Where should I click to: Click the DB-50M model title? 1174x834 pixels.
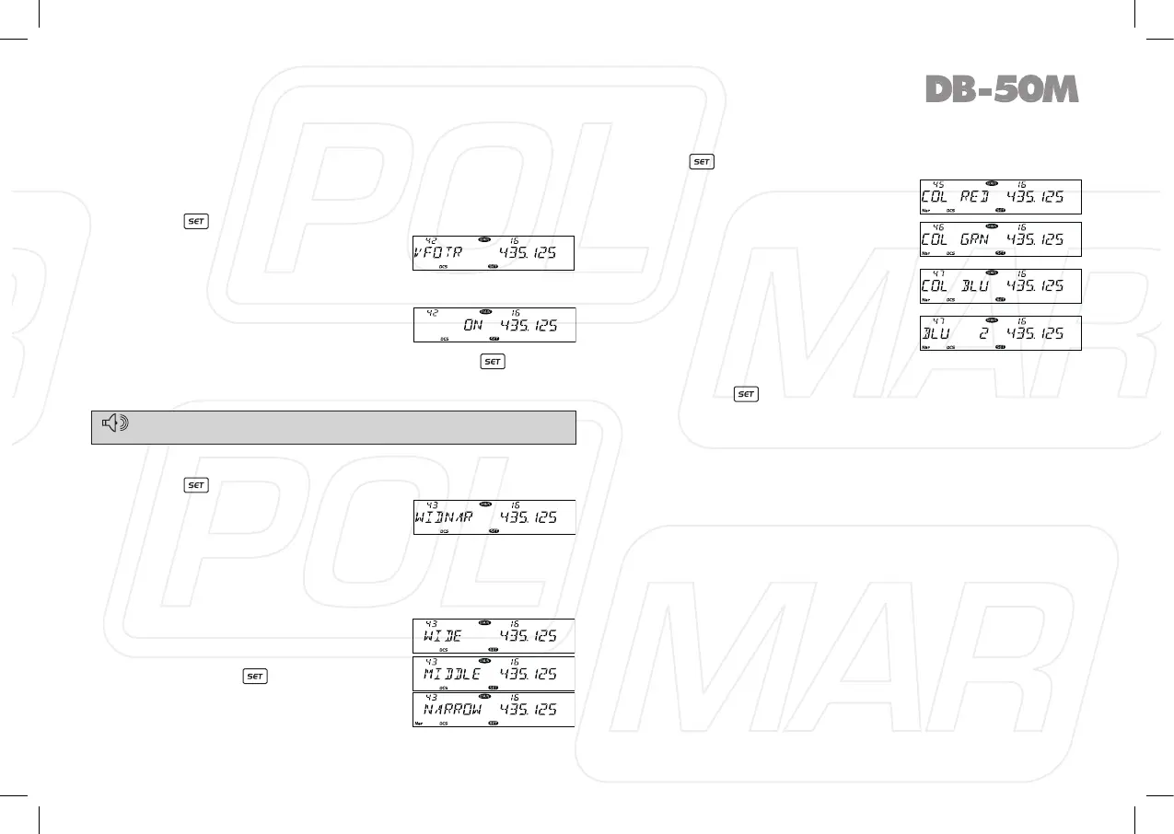click(1001, 89)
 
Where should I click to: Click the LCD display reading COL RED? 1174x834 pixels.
click(1000, 197)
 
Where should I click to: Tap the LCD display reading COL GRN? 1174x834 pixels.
click(1000, 238)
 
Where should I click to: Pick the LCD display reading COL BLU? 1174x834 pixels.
click(1000, 285)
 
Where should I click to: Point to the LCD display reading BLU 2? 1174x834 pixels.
click(1000, 332)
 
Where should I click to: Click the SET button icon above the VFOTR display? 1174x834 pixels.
click(195, 221)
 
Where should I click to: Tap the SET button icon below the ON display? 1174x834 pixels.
click(493, 362)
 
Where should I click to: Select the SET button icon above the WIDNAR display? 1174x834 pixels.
click(195, 484)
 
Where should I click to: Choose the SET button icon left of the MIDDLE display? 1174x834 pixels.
click(255, 676)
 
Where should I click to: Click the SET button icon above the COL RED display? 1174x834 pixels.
click(701, 161)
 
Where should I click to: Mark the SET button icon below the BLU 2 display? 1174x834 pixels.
click(745, 394)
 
